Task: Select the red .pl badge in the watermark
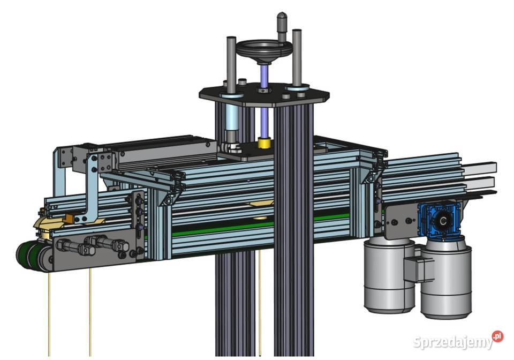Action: click(497, 336)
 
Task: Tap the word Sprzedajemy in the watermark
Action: click(453, 342)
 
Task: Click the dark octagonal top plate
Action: click(264, 93)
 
